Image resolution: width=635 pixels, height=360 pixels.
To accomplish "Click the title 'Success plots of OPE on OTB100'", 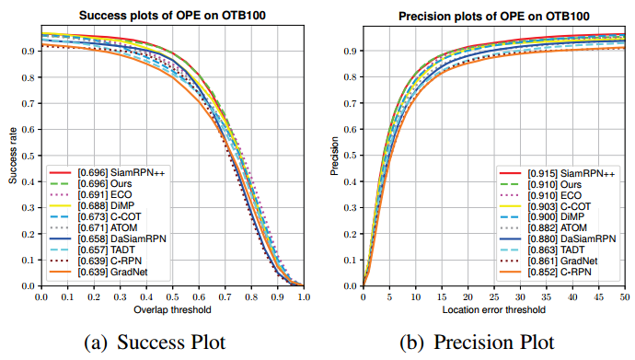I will click(173, 16).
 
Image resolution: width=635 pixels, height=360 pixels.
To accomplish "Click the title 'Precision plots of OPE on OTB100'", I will click(495, 16).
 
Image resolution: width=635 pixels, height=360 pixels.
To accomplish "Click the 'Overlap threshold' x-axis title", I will click(172, 311).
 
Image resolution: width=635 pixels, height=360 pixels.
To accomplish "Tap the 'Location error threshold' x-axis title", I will click(494, 311).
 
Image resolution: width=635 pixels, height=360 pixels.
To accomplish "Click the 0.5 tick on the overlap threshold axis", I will click(172, 297).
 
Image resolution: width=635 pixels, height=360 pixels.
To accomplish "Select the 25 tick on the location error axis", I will click(494, 297).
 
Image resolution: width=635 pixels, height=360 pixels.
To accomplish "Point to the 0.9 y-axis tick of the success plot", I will click(27, 51).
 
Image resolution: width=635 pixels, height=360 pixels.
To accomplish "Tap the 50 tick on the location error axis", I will click(625, 297).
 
